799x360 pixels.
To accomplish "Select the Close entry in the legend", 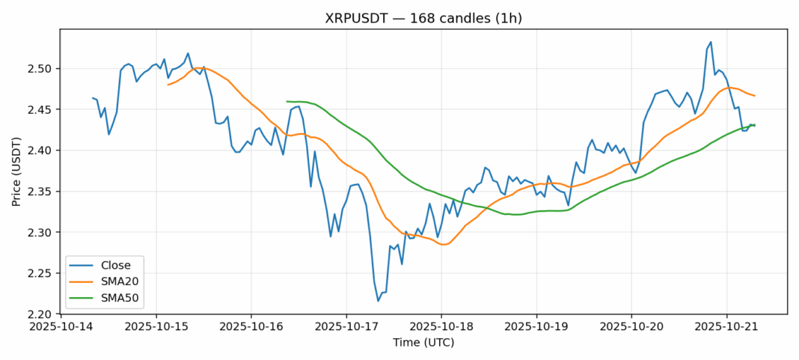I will tap(115, 265).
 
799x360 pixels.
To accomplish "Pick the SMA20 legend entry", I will tap(119, 281).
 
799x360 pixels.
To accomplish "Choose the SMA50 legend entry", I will tap(119, 298).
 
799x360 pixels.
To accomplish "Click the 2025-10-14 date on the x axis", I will tap(61, 327).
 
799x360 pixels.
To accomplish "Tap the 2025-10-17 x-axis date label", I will tap(346, 327).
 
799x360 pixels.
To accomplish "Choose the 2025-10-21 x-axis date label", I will tap(727, 327).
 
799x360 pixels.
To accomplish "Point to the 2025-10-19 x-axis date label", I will tap(536, 327).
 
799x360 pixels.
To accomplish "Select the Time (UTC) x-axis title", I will tap(423, 342).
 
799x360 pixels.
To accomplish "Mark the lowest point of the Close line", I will tap(378, 301).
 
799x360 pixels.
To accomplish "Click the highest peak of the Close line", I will tap(711, 42).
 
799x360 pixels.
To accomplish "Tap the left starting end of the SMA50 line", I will tap(287, 101).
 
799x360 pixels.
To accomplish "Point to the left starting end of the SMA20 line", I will tap(168, 85).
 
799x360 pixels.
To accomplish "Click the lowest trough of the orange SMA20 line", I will tap(443, 245).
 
